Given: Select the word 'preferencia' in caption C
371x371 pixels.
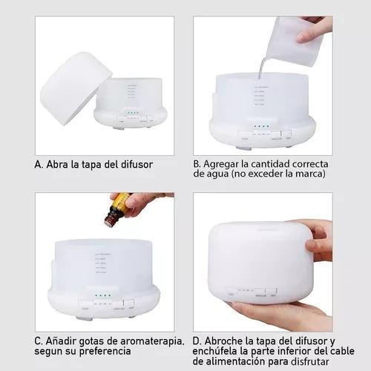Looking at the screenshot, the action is pos(105,352).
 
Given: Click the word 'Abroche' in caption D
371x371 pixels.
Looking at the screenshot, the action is pos(224,341).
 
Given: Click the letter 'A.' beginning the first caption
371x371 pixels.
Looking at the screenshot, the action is pos(39,165).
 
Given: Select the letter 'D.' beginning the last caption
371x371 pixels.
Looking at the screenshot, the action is pos(197,341).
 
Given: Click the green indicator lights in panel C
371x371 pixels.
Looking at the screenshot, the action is pos(103,295).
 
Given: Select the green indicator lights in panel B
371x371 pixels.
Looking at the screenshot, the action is pos(261,126).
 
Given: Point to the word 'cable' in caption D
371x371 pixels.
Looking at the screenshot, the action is pos(342,351).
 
